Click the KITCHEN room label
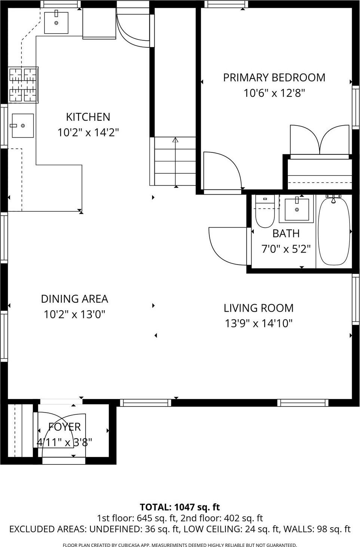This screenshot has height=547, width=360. [x=88, y=117]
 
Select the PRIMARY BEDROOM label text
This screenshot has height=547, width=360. [x=274, y=77]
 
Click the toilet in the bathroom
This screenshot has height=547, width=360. [x=265, y=214]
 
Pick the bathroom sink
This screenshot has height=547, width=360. [x=297, y=210]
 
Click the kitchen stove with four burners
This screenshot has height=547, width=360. [x=23, y=85]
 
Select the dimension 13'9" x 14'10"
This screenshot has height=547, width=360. [x=258, y=323]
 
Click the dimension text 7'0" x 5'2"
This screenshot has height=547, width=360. [x=286, y=249]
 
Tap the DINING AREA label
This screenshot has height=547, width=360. [x=74, y=299]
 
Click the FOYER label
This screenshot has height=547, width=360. [x=64, y=427]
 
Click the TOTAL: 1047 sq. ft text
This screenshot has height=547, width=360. [x=179, y=507]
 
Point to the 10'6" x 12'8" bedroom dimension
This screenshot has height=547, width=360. [x=274, y=93]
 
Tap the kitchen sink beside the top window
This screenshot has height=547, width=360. [x=56, y=23]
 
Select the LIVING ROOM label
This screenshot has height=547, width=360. [x=258, y=308]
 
